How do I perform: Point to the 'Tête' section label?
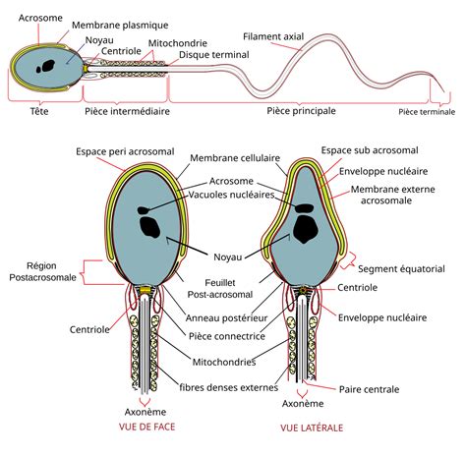coord(40,112)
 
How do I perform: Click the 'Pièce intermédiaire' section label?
coord(127,112)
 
